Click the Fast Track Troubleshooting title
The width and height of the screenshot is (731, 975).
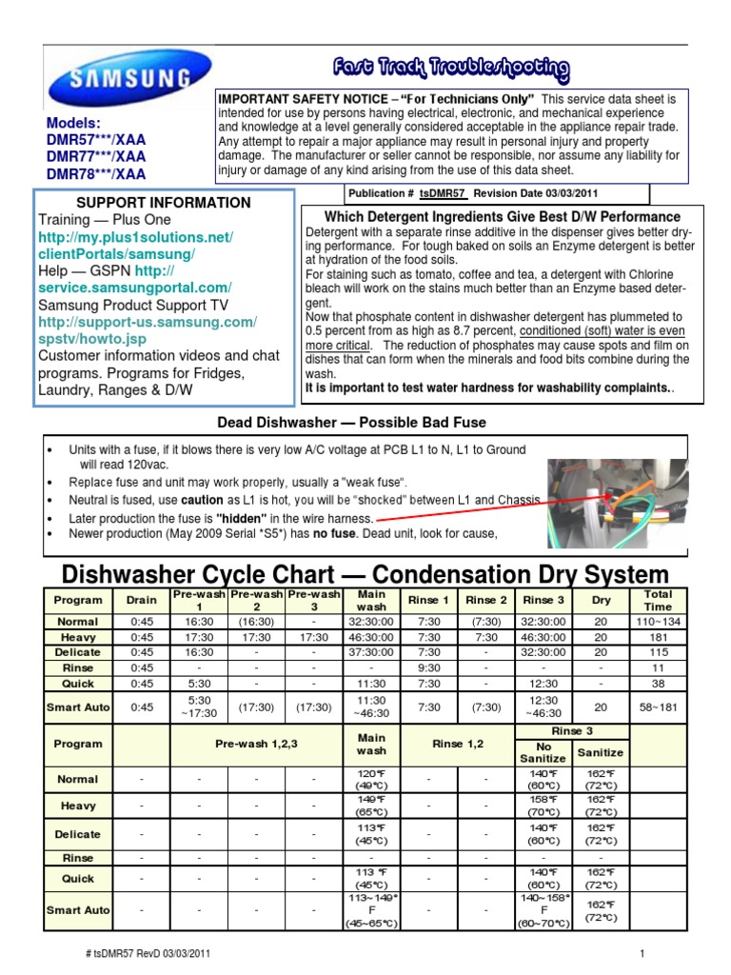click(450, 69)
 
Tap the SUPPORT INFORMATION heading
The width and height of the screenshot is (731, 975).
click(164, 203)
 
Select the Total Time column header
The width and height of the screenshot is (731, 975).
click(657, 600)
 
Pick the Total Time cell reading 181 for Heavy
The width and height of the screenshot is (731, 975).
click(657, 637)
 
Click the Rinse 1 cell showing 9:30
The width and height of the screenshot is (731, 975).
click(429, 667)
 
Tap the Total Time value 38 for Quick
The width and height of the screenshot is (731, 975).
click(657, 683)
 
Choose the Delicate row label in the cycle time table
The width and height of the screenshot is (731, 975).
click(77, 652)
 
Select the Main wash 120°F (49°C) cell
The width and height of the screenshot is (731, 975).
click(371, 779)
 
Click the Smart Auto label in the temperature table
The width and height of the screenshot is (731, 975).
click(77, 910)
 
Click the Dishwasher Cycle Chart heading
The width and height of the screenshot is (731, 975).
click(365, 574)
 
